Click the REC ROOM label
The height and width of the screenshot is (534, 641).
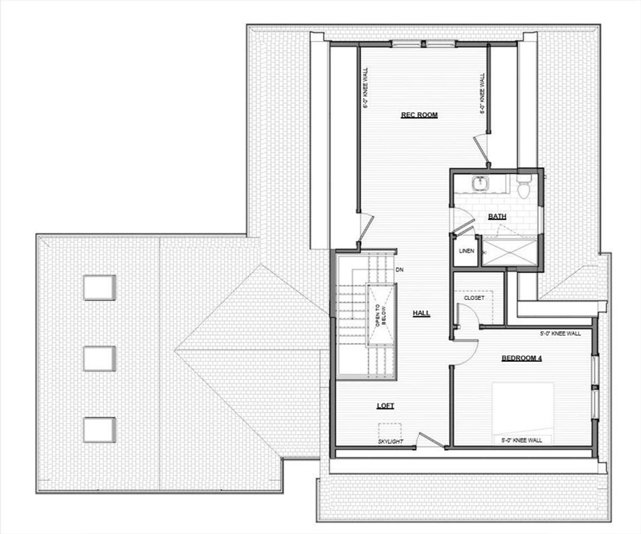click(x=419, y=115)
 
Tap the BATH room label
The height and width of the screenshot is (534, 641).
click(x=497, y=217)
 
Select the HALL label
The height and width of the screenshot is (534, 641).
click(x=421, y=313)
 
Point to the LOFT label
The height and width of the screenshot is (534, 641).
click(x=385, y=406)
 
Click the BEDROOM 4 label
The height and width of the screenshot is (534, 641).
click(x=521, y=358)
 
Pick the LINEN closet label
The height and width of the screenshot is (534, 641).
click(x=466, y=250)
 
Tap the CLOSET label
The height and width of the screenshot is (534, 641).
click(x=474, y=298)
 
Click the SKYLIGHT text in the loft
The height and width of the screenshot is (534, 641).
click(x=391, y=441)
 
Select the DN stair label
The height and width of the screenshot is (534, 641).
click(x=399, y=270)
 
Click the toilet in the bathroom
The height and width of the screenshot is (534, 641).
click(x=523, y=187)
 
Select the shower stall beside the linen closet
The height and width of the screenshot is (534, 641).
click(x=509, y=251)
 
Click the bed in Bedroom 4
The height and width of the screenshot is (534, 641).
click(x=523, y=413)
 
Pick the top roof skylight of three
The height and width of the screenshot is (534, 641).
click(x=100, y=287)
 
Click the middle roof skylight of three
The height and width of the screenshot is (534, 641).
click(x=100, y=359)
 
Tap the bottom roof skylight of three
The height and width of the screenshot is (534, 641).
click(x=100, y=429)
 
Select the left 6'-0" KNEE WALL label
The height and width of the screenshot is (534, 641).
click(x=365, y=88)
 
